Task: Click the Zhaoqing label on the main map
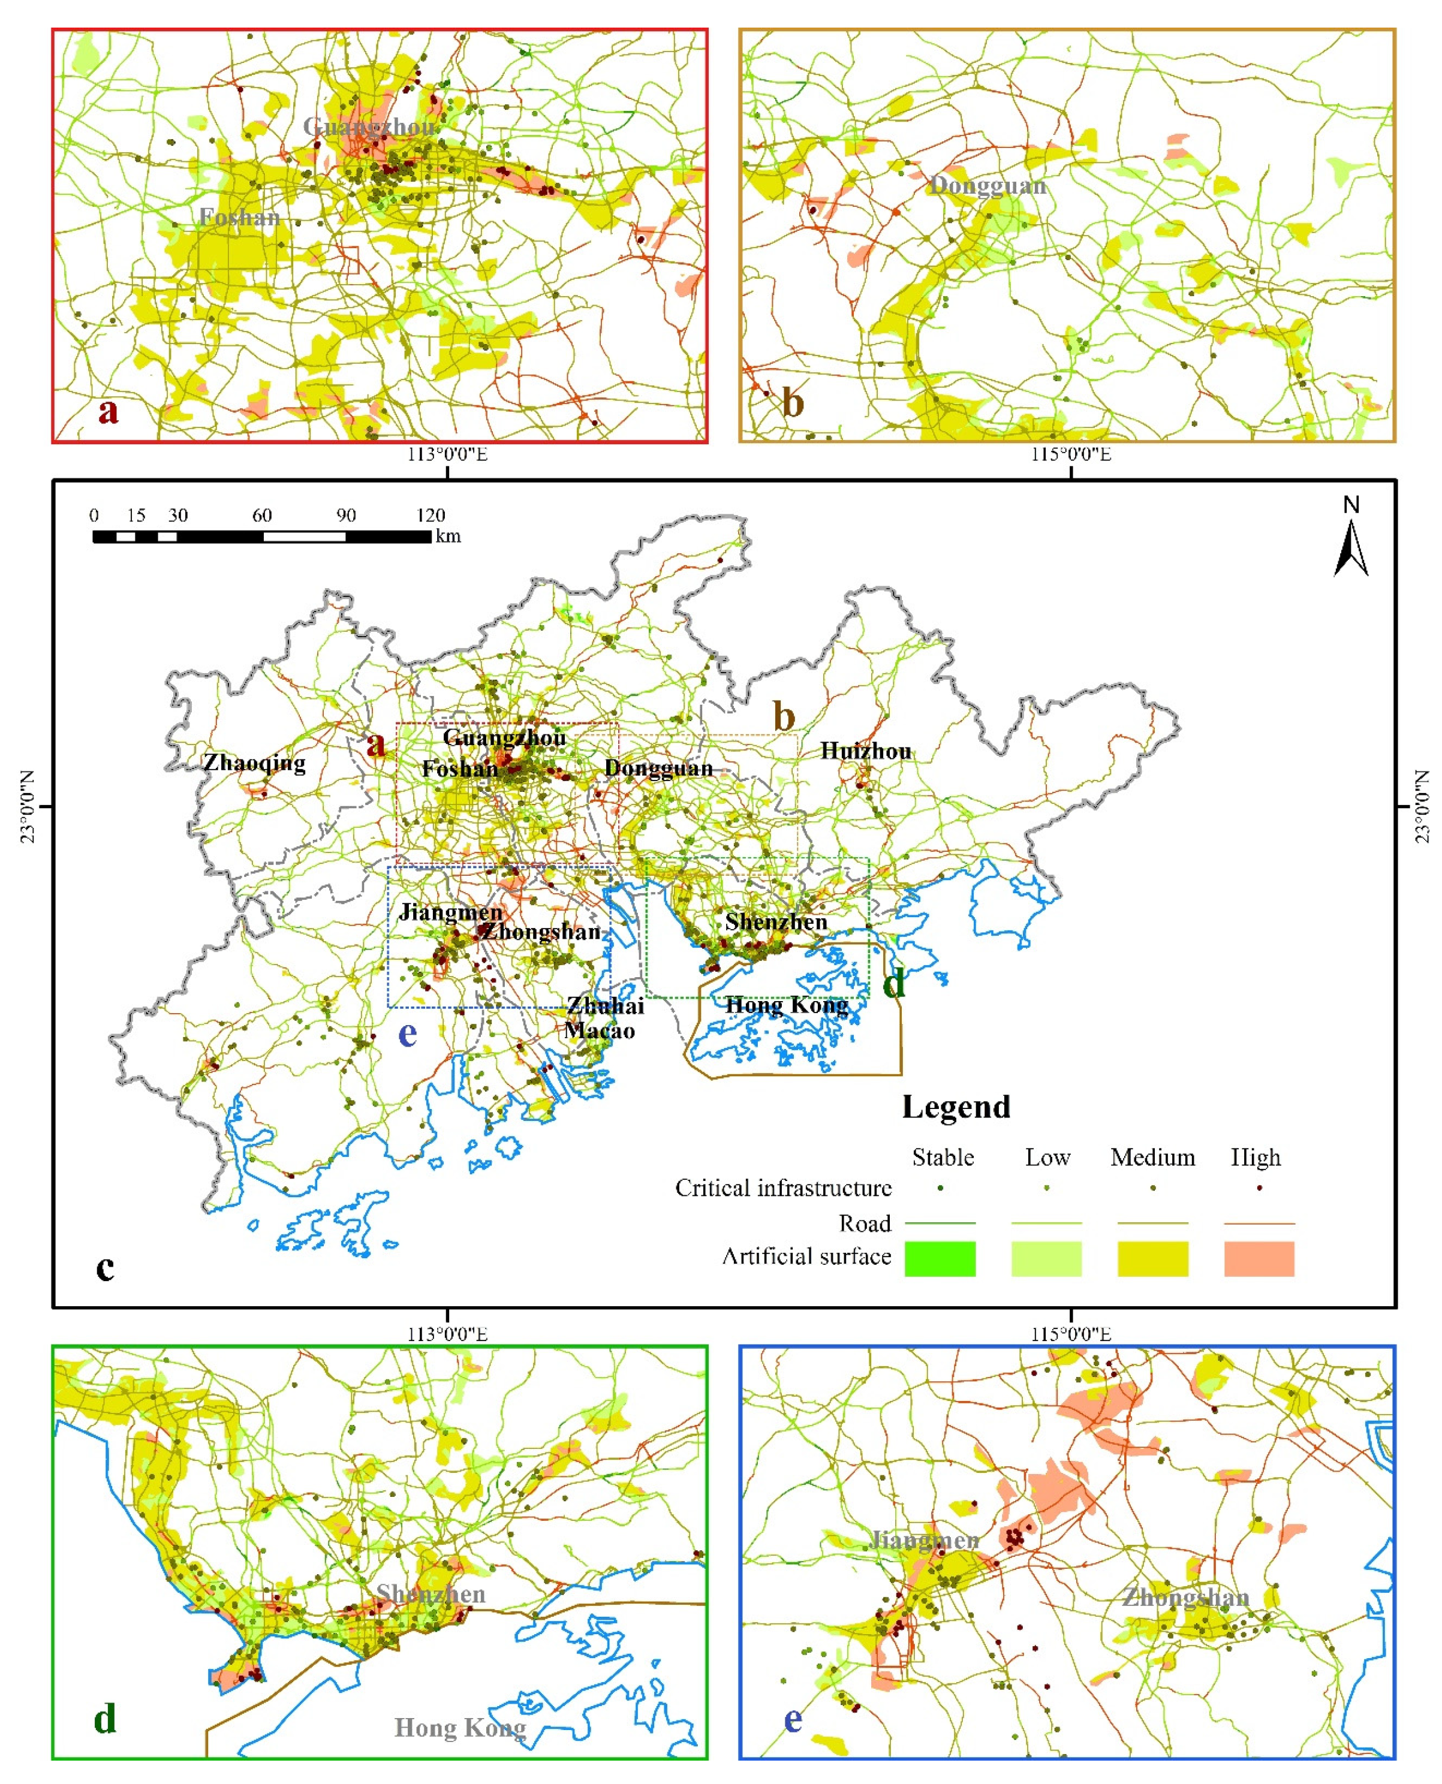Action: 254,763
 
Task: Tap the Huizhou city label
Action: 866,751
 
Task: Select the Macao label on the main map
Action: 599,1030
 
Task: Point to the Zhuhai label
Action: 606,1006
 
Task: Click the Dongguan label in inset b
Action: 987,185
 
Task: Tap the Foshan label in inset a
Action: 239,218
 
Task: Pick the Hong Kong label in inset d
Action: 459,1728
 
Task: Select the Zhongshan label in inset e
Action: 1185,1597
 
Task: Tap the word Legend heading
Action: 956,1107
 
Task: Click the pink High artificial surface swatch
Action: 1259,1258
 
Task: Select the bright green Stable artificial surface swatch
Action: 940,1258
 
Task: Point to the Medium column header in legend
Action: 1152,1157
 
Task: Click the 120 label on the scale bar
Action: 431,515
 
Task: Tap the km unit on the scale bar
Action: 448,537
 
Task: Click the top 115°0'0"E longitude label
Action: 1071,454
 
